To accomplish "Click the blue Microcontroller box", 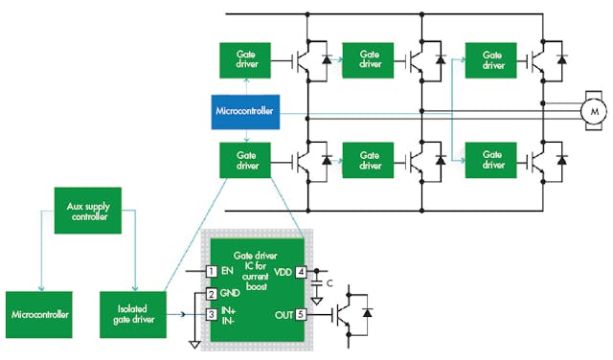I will click(x=245, y=112).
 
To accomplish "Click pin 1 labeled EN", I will click(x=213, y=271).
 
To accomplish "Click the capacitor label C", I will click(x=331, y=283).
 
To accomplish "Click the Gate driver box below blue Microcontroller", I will click(x=245, y=158).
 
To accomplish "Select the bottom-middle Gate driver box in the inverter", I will click(x=368, y=158).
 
